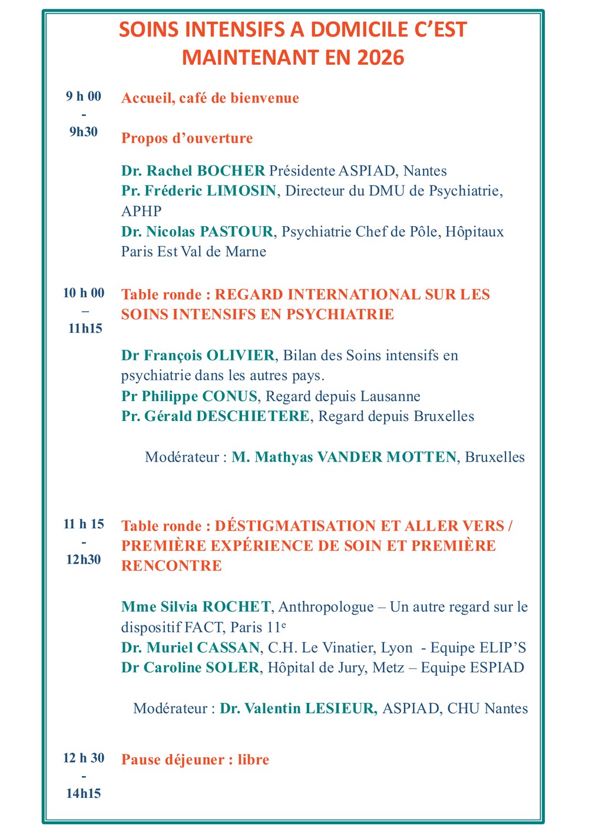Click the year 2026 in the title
(x=380, y=58)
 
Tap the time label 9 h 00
(x=84, y=96)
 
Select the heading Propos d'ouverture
(x=187, y=138)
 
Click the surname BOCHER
(x=231, y=171)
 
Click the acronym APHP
(x=141, y=211)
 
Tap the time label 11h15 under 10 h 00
(x=85, y=329)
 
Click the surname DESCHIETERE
(x=253, y=416)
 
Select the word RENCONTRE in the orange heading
(x=171, y=566)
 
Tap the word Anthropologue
(x=326, y=606)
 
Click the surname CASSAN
(x=228, y=648)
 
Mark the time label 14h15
(x=84, y=793)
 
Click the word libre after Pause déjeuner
(x=253, y=760)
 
